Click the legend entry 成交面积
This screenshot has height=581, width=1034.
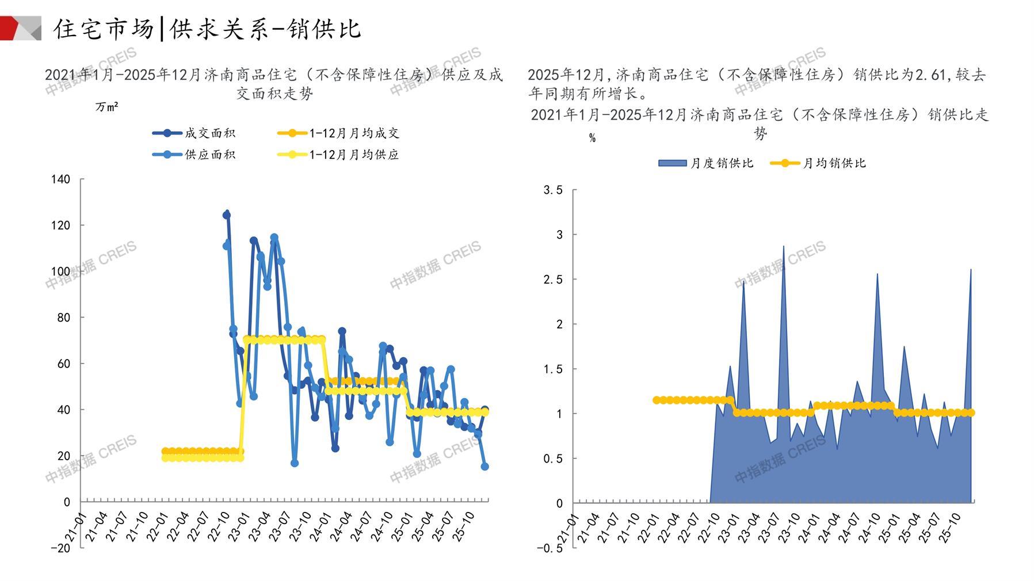point(209,133)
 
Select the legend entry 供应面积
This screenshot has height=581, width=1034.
point(209,155)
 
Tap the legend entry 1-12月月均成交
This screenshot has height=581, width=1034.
point(354,133)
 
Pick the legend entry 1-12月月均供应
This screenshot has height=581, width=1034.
point(354,155)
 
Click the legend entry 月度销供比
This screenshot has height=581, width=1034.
point(722,163)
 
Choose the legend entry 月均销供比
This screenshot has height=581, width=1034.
point(834,163)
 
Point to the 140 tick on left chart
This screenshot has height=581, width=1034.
point(60,179)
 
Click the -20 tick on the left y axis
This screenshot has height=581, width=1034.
point(60,548)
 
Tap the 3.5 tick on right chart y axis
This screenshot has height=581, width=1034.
point(553,190)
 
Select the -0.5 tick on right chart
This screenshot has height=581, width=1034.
point(550,548)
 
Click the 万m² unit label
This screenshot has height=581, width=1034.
point(107,107)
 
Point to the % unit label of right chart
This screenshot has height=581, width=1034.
point(592,138)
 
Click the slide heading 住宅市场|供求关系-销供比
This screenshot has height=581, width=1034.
point(207,29)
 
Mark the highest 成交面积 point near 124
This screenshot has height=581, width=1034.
point(227,215)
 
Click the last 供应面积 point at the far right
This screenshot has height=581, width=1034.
point(485,467)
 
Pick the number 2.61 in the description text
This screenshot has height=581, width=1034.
point(930,75)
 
